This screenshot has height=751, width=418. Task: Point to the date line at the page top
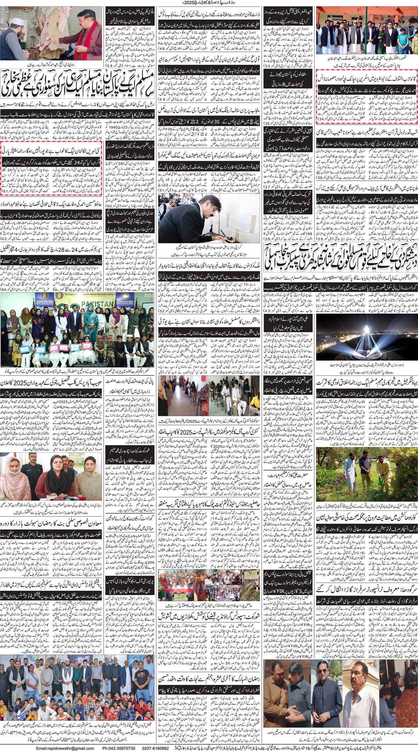tap(209, 3)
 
